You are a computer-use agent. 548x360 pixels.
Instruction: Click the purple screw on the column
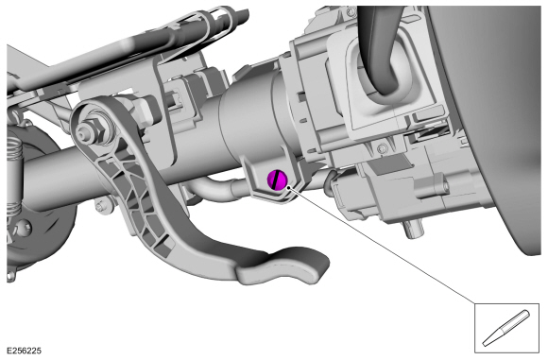pyautogui.click(x=279, y=178)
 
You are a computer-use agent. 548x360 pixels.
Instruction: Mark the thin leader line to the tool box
pyautogui.click(x=387, y=246)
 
